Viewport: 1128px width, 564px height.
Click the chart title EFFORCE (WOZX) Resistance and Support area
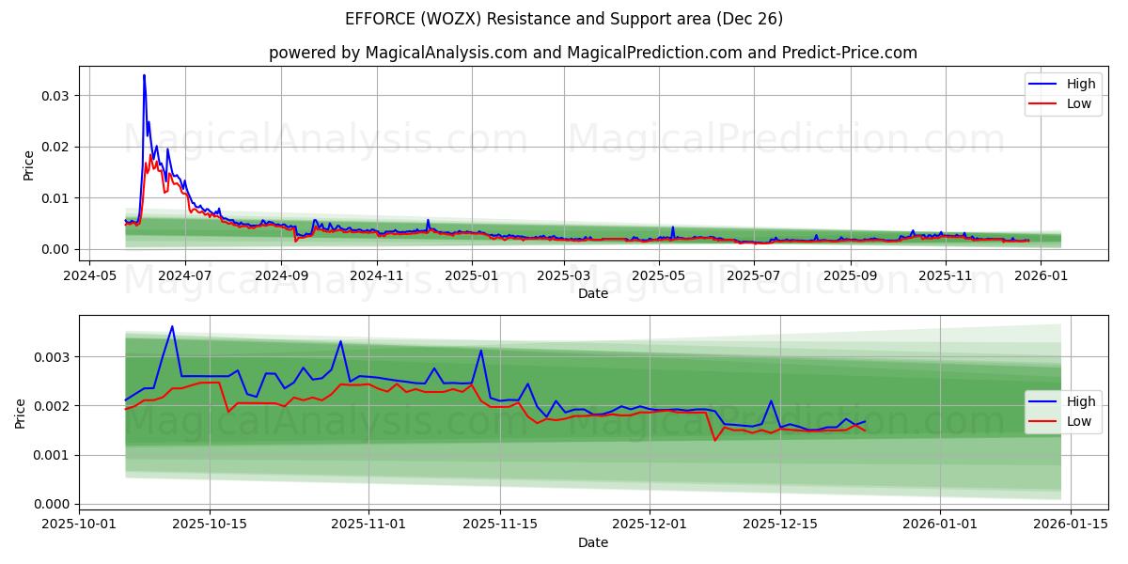564,19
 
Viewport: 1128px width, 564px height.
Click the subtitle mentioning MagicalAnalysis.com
592,53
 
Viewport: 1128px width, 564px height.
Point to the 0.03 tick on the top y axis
55,96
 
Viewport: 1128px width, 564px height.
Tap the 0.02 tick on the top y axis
55,147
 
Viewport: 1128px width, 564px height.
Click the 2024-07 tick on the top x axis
184,275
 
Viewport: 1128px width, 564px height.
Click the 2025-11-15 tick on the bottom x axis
500,524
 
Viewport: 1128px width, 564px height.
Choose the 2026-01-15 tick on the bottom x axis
1071,524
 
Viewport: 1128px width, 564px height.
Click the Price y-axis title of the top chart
28,165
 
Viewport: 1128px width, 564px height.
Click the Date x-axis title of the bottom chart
592,542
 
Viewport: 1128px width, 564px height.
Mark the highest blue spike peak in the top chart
144,75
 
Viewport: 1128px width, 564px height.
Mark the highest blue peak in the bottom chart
172,326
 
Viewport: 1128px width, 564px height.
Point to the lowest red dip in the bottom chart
715,440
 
